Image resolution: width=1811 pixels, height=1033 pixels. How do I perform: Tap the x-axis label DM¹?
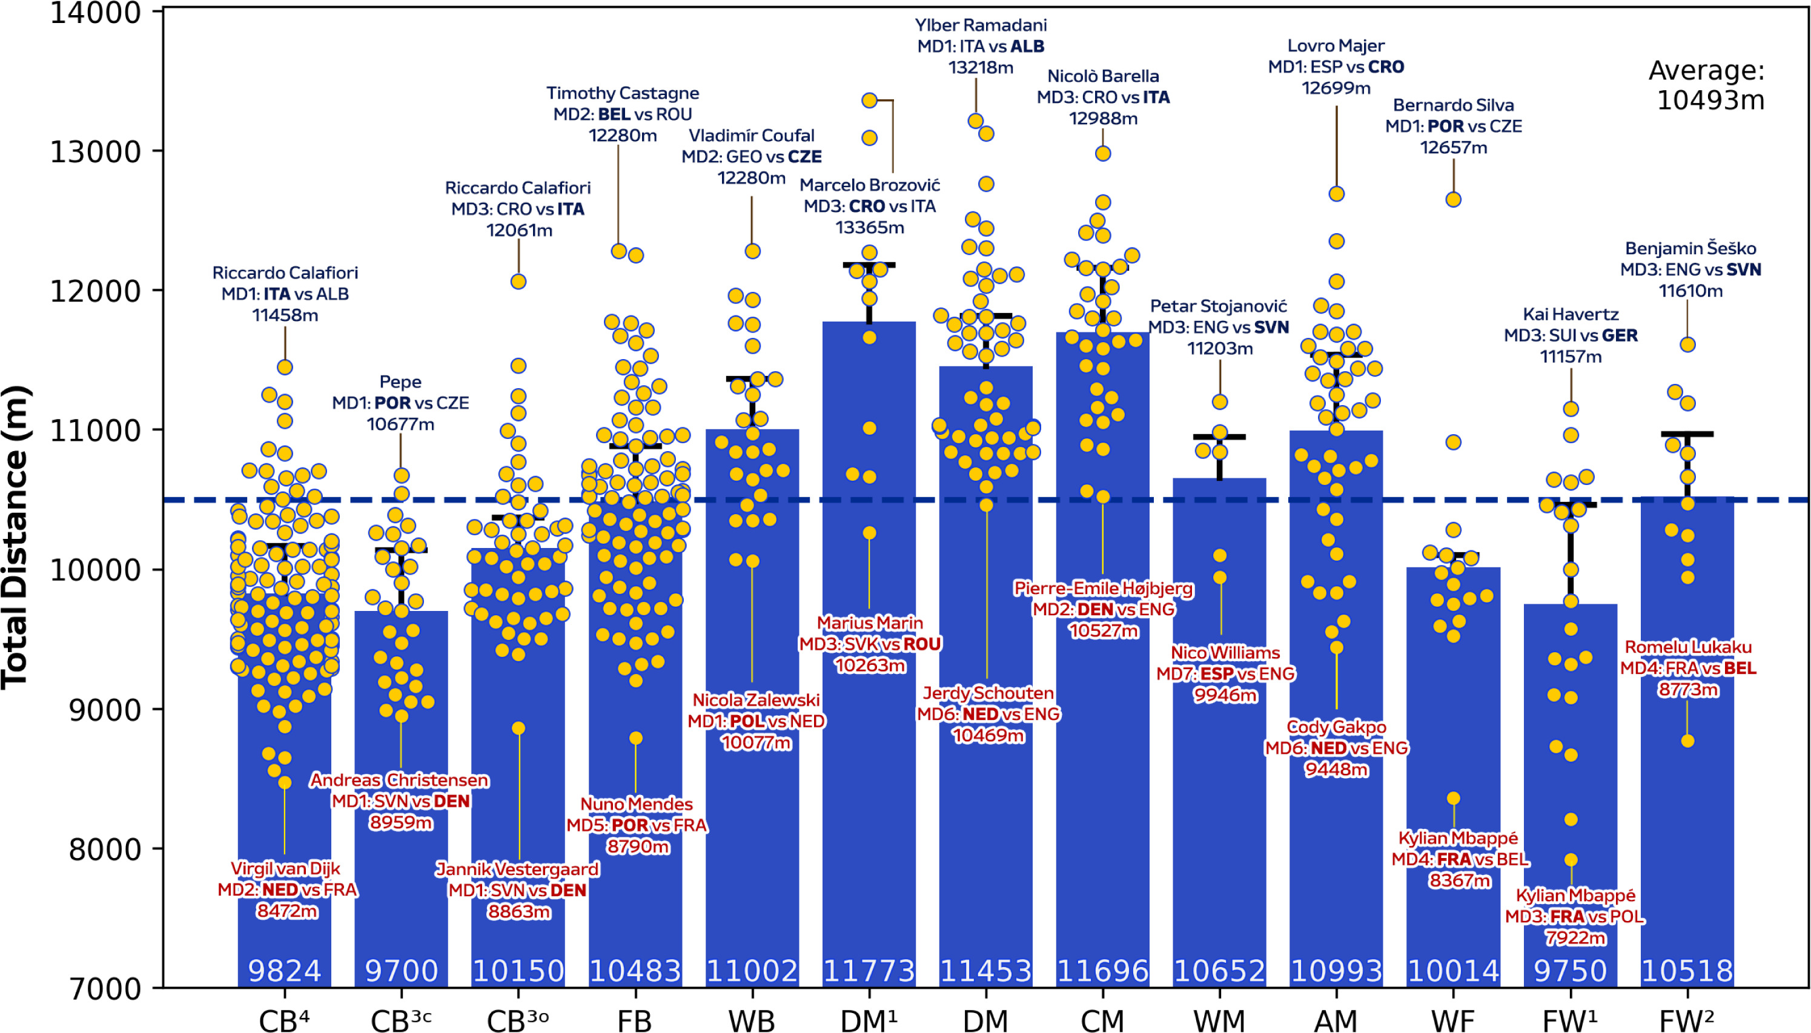click(x=869, y=1020)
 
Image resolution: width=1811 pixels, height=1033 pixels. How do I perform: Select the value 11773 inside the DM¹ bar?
click(x=869, y=971)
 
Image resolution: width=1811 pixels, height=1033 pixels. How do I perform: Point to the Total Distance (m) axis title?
click(x=16, y=536)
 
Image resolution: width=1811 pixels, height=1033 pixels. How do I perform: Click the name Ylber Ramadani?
click(x=980, y=25)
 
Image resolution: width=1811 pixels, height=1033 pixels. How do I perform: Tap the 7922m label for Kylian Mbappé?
click(x=1575, y=938)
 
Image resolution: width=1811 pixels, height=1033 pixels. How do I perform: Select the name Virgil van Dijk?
click(x=285, y=868)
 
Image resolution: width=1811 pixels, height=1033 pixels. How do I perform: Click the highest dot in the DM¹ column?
click(x=869, y=101)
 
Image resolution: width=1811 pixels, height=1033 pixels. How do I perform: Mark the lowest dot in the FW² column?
click(x=1687, y=741)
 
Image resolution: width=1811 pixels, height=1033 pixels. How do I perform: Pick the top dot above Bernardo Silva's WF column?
click(x=1453, y=199)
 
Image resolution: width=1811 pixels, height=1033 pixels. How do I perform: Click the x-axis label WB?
click(x=752, y=1020)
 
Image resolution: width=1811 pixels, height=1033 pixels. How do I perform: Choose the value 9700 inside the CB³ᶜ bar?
click(x=401, y=971)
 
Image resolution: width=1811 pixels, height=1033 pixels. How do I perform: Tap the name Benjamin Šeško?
click(x=1690, y=248)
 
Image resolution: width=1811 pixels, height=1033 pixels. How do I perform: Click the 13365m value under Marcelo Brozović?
click(x=869, y=227)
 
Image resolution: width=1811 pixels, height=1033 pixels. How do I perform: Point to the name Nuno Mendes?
click(x=636, y=804)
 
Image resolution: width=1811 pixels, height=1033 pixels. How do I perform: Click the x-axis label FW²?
click(x=1687, y=1020)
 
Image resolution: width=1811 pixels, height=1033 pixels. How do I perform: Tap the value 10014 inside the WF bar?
click(x=1452, y=971)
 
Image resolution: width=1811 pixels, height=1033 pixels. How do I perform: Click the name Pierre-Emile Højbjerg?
click(x=1103, y=588)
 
